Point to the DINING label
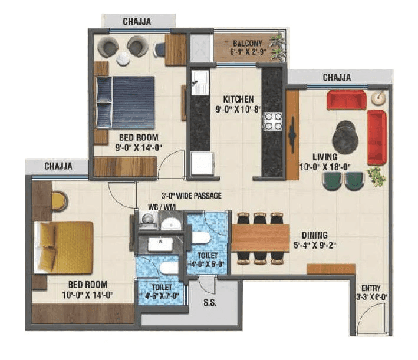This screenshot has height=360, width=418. tap(314, 235)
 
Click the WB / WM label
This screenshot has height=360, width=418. tap(160, 208)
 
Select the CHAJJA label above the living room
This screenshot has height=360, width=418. tap(337, 77)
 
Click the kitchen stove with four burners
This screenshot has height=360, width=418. tap(272, 121)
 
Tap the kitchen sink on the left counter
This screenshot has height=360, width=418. tap(198, 84)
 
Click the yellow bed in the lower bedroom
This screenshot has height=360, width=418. tap(64, 247)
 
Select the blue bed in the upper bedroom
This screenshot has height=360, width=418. tap(126, 102)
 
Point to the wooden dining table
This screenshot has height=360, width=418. tap(260, 238)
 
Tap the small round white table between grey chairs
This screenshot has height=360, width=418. tap(123, 57)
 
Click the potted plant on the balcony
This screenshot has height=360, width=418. tap(276, 42)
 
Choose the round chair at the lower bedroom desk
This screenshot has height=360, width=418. tap(59, 202)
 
